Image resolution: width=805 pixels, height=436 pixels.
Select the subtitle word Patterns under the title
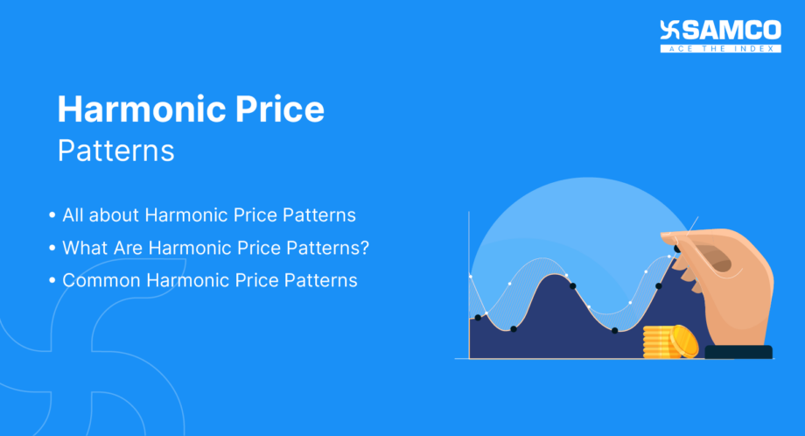tap(115, 150)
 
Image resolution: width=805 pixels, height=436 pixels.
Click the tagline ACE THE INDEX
tap(721, 48)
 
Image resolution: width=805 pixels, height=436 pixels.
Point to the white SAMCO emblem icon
tap(671, 32)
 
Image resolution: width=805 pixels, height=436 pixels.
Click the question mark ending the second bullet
tap(364, 248)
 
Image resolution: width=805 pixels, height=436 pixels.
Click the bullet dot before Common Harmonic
tap(52, 282)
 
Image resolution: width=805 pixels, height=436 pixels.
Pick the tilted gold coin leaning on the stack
tap(683, 341)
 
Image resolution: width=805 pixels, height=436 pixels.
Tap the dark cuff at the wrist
tap(738, 352)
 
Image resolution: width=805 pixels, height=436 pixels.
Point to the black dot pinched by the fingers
tap(676, 250)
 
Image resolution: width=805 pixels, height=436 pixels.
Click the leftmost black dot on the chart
tap(477, 318)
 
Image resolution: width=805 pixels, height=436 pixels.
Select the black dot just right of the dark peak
tap(572, 285)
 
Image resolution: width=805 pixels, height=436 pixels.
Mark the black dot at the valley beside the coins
tap(614, 330)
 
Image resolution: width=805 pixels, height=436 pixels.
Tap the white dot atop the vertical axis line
tap(470, 277)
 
